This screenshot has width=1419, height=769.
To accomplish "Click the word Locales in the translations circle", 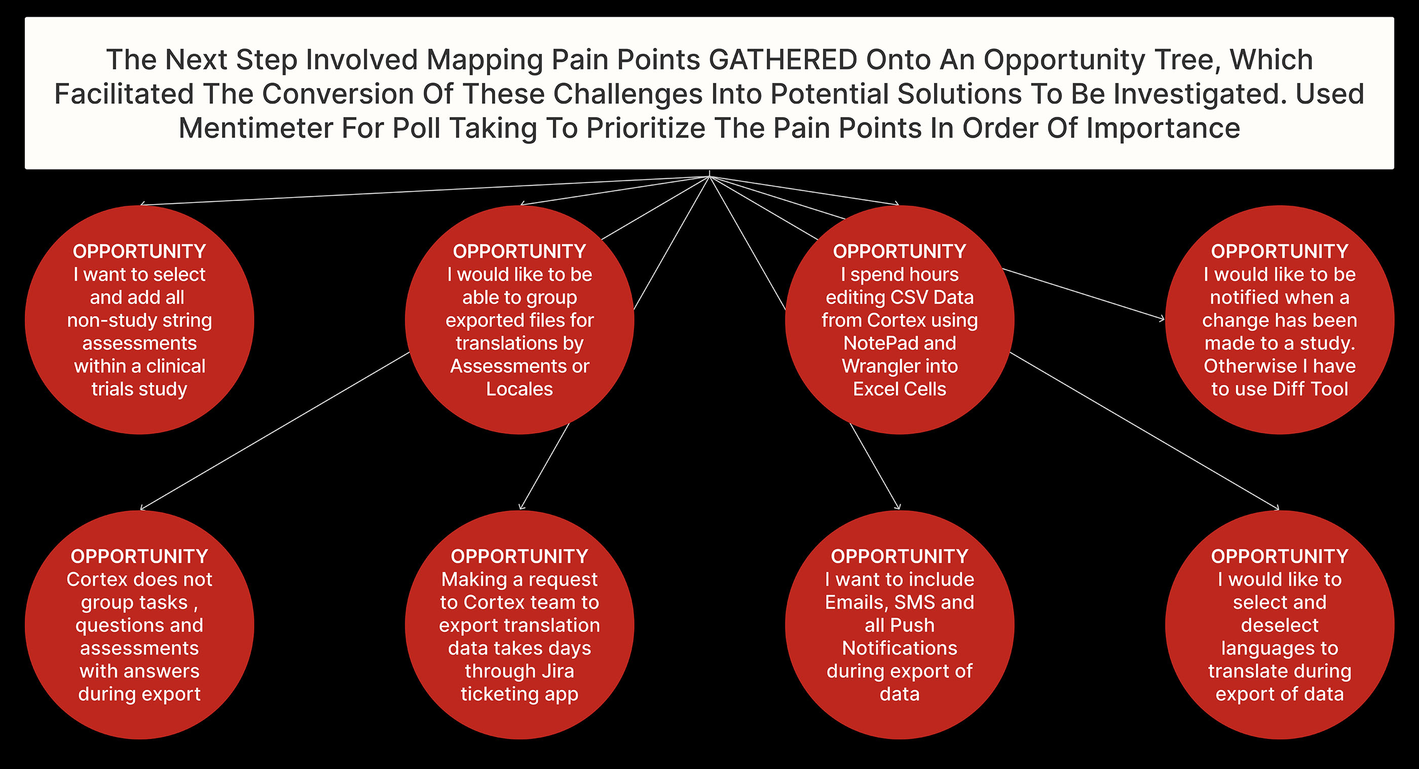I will click(x=519, y=389).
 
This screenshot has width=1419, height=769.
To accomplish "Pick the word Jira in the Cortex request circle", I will click(x=557, y=671).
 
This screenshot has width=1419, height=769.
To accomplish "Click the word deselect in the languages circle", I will click(x=1279, y=625).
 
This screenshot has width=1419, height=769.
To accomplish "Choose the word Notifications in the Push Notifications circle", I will click(x=899, y=649).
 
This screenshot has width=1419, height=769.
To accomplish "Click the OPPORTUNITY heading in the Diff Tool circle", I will click(x=1279, y=252).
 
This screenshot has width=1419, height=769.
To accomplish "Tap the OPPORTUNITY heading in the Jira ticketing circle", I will click(x=519, y=556).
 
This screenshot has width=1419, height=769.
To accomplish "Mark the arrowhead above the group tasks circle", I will click(x=142, y=508).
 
